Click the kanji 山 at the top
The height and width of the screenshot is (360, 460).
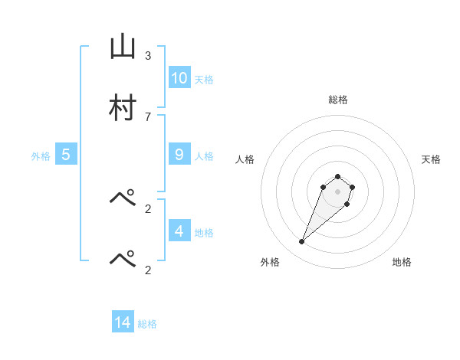point(123,48)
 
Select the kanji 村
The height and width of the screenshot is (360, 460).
point(123,109)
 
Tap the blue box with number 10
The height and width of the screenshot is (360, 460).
point(179,77)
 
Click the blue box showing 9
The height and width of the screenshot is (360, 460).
point(179,155)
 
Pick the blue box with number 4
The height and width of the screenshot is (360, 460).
point(179,231)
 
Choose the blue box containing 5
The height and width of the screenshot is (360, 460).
point(66,155)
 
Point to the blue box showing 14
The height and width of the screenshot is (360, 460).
point(123,322)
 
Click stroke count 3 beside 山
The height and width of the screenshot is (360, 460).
point(147,56)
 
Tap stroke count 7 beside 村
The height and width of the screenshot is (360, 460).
point(147,116)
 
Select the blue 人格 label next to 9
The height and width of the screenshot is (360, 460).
point(204,156)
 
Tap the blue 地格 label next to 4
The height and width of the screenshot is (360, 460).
point(204,233)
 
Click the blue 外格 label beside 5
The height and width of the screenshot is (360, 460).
point(41,156)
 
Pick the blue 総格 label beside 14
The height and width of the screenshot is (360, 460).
point(147,324)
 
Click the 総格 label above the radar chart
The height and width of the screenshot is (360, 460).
point(337,100)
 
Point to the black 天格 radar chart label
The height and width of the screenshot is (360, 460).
point(431,159)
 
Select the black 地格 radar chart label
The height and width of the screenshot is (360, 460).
point(402,262)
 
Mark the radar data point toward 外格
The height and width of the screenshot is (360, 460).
point(302,242)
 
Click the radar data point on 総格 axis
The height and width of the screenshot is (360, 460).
point(337,175)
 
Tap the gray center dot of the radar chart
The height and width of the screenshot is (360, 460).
point(337,191)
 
